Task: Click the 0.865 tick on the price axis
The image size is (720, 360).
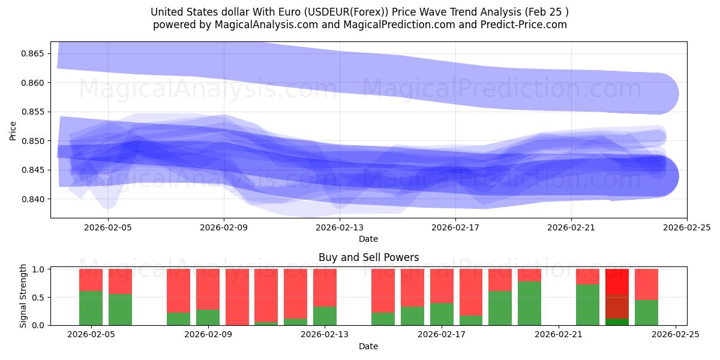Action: (32, 54)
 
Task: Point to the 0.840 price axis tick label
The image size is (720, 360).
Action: (32, 199)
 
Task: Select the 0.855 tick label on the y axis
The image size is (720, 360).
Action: (32, 112)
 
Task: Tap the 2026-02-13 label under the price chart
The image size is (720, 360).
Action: (340, 227)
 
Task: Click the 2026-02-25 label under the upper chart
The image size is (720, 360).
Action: (686, 227)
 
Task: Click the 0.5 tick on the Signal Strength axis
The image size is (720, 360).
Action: (38, 298)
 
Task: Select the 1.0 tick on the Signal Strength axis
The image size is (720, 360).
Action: (38, 269)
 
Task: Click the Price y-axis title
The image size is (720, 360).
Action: (13, 130)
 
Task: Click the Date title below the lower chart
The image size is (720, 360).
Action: (368, 346)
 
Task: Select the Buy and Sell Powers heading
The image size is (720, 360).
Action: (368, 257)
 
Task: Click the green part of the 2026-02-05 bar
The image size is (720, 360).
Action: (91, 308)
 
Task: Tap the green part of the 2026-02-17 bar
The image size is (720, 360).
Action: (442, 314)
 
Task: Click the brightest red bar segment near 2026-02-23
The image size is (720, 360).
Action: (617, 281)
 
